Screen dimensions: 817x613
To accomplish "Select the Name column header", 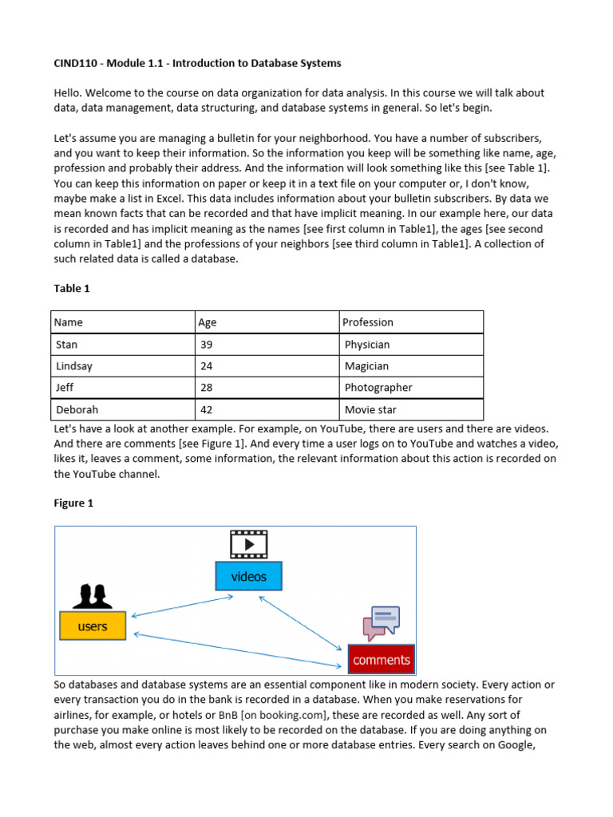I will click(69, 322).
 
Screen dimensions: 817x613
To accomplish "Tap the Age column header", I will click(208, 322).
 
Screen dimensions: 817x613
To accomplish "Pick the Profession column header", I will click(368, 322).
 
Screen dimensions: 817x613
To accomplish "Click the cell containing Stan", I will click(67, 345).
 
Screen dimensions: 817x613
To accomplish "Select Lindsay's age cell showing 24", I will click(207, 366).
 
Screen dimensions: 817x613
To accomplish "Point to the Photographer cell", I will click(378, 388).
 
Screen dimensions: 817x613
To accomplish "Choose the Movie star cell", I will click(371, 409).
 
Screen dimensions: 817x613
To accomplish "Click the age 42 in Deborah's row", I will click(207, 409).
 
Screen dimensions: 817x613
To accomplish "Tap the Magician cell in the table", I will click(366, 366).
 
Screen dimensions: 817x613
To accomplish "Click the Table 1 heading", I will click(72, 288).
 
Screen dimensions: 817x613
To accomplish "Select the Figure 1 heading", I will click(73, 503).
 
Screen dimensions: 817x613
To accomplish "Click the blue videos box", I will click(248, 576).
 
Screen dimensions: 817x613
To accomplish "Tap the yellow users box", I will click(93, 626).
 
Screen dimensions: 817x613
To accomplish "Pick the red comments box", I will click(382, 659).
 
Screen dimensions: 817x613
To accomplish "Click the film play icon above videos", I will click(248, 544).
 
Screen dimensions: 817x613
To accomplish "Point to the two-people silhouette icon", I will click(93, 595).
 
